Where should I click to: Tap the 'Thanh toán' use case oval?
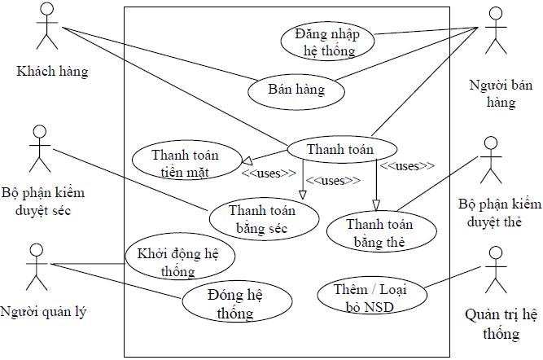point(341,150)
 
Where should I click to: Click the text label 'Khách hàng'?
point(52,72)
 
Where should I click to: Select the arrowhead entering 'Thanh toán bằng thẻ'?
point(376,205)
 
